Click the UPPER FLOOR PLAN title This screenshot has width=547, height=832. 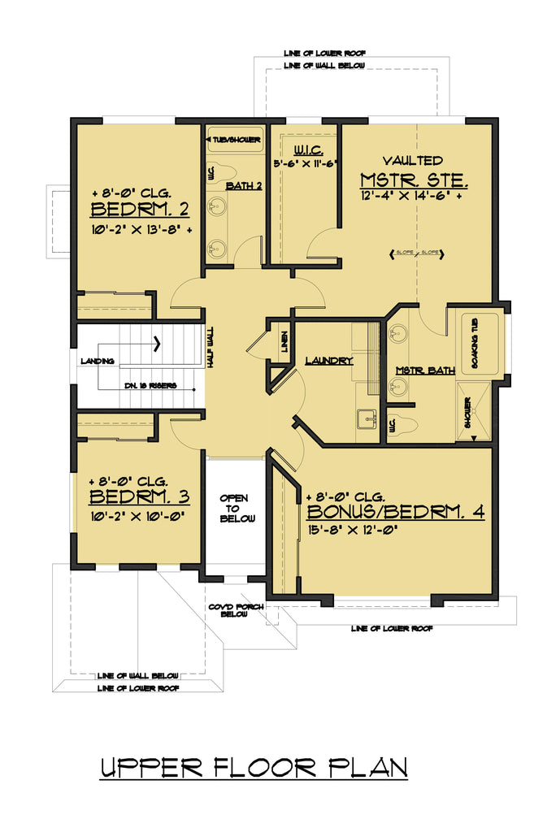[253, 768]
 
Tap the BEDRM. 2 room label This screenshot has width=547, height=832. [140, 211]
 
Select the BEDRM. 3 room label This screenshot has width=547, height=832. [139, 496]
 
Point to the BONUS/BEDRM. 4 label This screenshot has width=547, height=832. [395, 513]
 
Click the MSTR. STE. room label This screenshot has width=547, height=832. [415, 179]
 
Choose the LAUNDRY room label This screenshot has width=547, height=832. [328, 360]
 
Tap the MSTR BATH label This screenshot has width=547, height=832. [424, 370]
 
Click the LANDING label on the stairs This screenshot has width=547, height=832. [97, 361]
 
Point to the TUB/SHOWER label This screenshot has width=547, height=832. [235, 140]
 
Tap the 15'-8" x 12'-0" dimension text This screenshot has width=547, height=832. [358, 533]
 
